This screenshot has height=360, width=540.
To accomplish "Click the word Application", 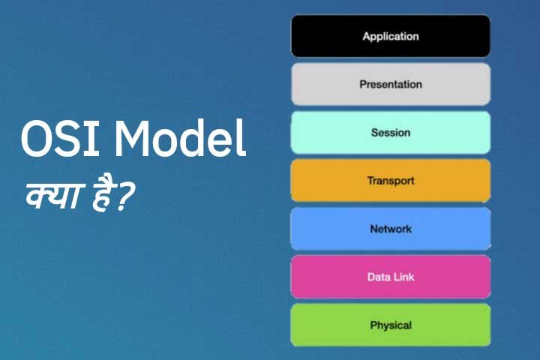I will (x=390, y=36).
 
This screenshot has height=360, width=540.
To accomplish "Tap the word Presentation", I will (x=390, y=85).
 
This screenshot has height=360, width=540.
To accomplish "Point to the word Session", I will (x=390, y=133).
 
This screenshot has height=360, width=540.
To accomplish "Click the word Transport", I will (x=390, y=181).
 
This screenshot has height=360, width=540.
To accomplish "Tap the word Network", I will (x=390, y=229).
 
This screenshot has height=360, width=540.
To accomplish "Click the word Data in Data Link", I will (x=379, y=277).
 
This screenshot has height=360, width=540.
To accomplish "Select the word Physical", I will (x=390, y=325).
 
